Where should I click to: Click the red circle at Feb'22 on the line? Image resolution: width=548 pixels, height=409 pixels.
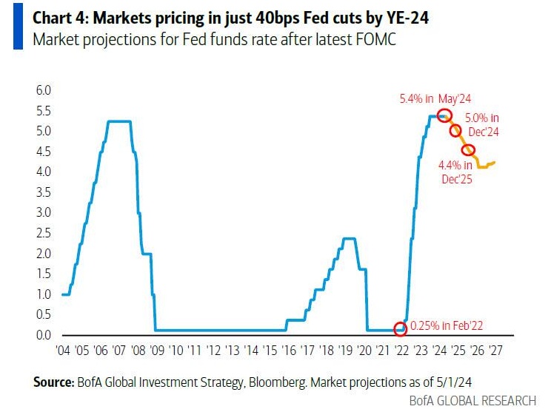pyautogui.click(x=401, y=328)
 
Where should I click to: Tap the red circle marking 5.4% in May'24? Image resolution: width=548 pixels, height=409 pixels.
pyautogui.click(x=444, y=115)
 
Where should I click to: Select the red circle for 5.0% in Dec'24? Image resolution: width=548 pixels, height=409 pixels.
pyautogui.click(x=456, y=131)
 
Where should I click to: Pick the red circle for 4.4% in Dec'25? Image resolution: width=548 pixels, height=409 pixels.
pyautogui.click(x=468, y=150)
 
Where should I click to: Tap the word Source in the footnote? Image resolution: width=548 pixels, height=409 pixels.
pyautogui.click(x=52, y=382)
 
